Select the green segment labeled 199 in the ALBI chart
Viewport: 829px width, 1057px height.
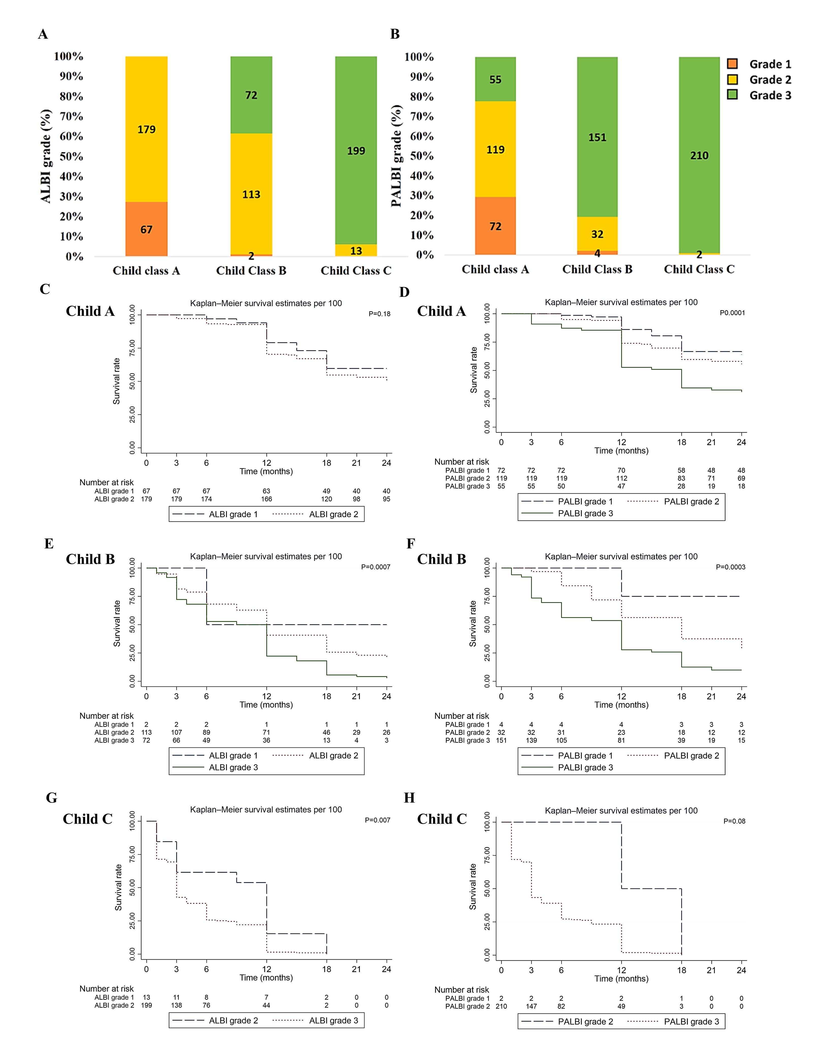356,150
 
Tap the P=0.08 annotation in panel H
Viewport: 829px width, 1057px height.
734,821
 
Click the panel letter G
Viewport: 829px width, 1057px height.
52,798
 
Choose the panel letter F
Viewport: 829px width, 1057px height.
411,544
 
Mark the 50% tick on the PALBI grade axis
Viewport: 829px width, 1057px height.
421,156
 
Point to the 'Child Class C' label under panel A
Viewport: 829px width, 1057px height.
356,270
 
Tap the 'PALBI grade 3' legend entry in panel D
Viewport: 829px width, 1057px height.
585,513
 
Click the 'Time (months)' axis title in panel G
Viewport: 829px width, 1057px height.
266,977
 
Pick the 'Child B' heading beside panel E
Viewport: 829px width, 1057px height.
90,559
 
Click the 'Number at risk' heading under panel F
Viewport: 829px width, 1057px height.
461,716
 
